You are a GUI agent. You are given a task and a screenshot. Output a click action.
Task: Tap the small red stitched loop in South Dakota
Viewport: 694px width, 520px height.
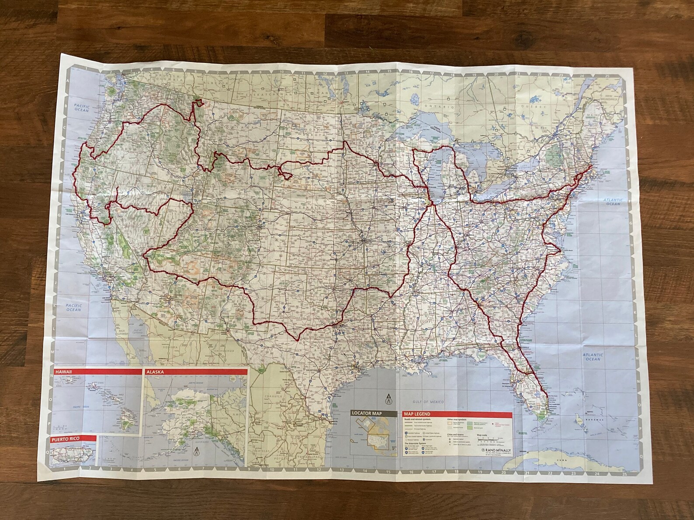coord(287,176)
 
